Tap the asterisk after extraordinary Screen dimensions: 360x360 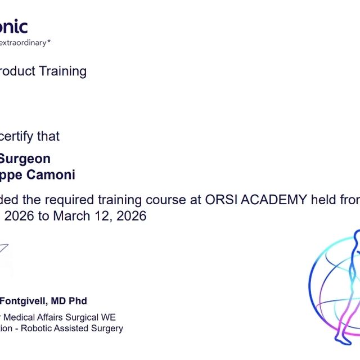pos(49,42)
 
